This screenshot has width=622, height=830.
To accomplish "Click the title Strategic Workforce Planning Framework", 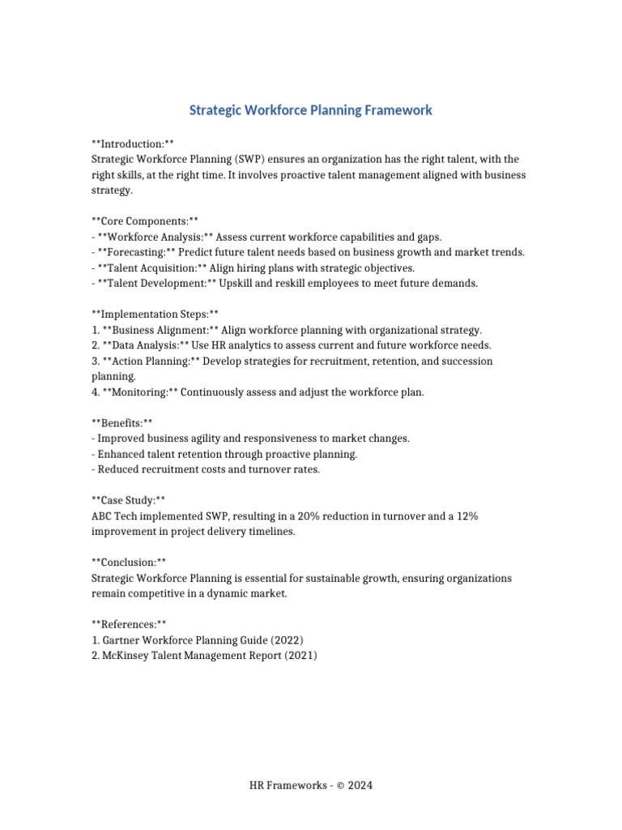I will pos(311,110).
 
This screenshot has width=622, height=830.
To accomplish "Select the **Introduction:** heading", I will pos(132,144).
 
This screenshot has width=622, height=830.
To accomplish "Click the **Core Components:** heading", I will pos(144,221).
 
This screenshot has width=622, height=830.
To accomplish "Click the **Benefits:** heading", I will pos(121,423).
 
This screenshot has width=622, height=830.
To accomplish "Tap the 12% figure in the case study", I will pos(466,516).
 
